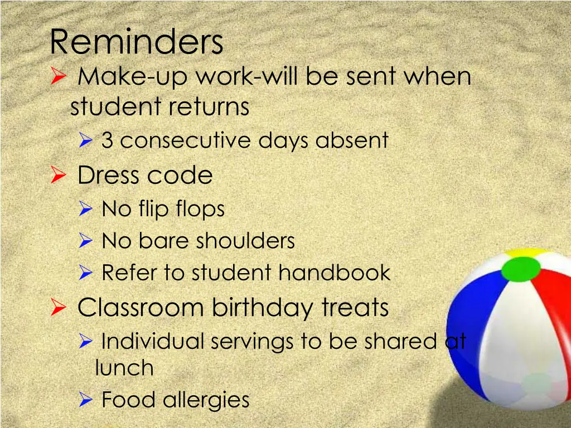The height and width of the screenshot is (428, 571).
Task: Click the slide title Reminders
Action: pyautogui.click(x=136, y=42)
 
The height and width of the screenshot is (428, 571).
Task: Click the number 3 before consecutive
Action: pyautogui.click(x=107, y=140)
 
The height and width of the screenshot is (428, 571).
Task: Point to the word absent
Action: pyautogui.click(x=352, y=140)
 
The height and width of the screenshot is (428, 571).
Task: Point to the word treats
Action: pyautogui.click(x=355, y=307)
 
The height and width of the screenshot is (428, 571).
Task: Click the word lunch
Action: pyautogui.click(x=124, y=368)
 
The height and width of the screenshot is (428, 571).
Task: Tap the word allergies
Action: pyautogui.click(x=206, y=400)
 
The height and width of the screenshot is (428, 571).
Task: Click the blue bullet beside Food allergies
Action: pyautogui.click(x=85, y=400)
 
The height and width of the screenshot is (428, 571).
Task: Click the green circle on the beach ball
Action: pyautogui.click(x=521, y=269)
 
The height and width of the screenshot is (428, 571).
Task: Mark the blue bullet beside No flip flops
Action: pyautogui.click(x=85, y=210)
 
